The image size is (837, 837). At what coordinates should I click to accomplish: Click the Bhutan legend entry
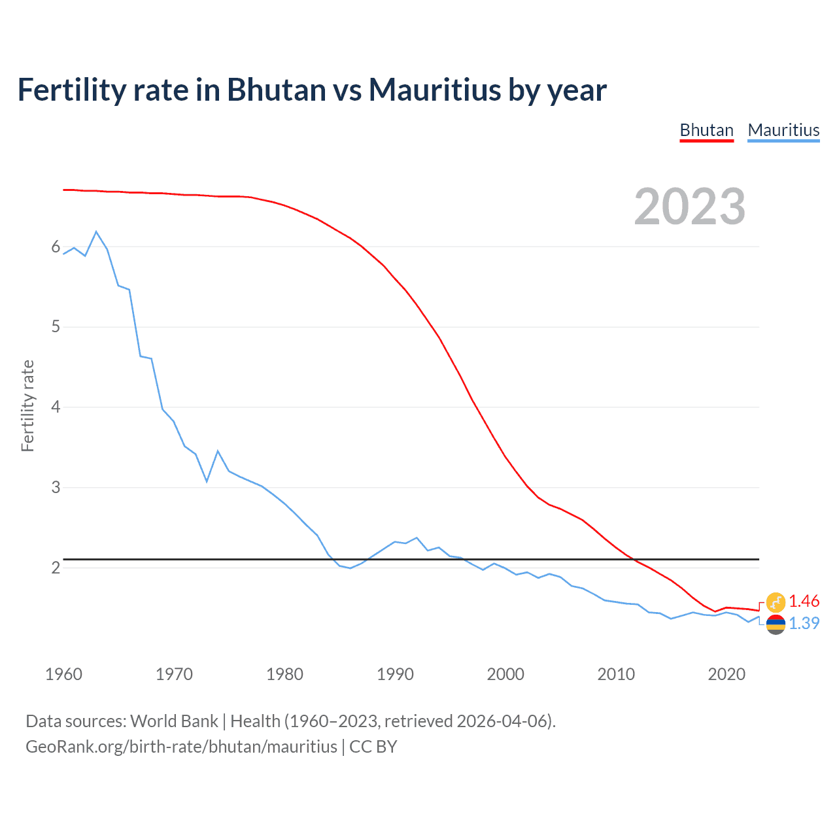(x=706, y=130)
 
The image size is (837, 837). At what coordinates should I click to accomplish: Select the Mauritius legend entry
(x=783, y=130)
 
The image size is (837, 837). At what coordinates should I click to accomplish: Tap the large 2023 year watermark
(x=689, y=207)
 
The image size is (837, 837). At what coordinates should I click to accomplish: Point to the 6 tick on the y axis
(x=56, y=247)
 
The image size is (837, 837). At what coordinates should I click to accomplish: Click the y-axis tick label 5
(x=56, y=326)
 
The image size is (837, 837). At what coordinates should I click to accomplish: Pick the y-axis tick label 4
(x=56, y=407)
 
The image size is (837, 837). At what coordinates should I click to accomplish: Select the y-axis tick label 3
(x=56, y=487)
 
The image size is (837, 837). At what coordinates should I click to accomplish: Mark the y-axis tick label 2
(x=56, y=568)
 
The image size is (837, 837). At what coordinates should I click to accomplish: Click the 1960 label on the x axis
(x=63, y=674)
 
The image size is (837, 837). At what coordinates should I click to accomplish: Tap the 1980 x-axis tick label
(x=284, y=674)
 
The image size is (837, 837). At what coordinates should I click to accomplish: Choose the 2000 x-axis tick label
(x=505, y=674)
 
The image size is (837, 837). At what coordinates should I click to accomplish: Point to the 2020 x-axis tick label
(x=726, y=674)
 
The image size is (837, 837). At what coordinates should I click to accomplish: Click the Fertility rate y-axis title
(x=27, y=405)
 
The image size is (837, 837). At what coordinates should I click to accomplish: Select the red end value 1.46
(x=804, y=602)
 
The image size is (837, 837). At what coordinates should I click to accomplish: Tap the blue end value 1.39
(x=804, y=624)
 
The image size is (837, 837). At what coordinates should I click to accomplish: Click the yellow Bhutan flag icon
(x=776, y=602)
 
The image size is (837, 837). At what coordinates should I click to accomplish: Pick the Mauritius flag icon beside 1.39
(x=776, y=624)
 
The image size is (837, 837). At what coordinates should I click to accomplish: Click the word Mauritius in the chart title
(x=434, y=90)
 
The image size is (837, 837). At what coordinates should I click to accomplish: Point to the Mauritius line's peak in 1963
(x=96, y=231)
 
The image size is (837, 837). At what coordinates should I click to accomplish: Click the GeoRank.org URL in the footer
(x=181, y=747)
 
